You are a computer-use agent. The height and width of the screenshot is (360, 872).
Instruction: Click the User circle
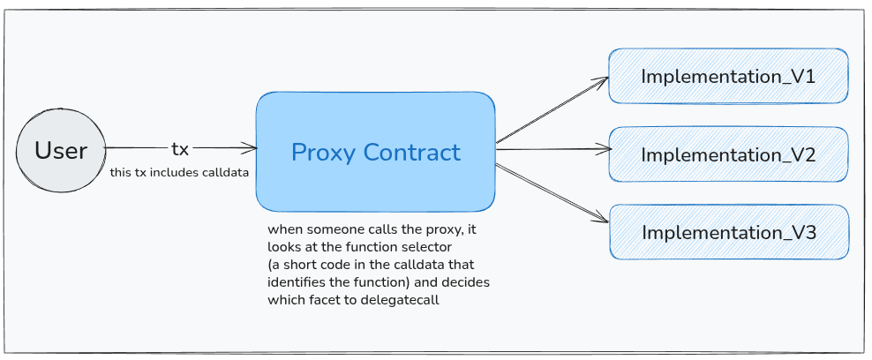(60, 150)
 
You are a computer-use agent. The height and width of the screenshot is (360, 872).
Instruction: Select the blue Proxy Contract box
(375, 152)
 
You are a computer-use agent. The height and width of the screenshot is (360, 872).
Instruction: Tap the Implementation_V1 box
(728, 76)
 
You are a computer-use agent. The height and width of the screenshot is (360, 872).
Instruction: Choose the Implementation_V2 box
(728, 154)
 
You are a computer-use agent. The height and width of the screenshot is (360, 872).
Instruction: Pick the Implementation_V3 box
(728, 233)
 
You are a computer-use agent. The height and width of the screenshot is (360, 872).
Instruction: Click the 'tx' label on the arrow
(180, 149)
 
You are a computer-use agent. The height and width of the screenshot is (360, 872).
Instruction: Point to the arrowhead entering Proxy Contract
(250, 148)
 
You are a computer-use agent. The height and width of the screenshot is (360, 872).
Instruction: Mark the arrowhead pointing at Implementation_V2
(603, 149)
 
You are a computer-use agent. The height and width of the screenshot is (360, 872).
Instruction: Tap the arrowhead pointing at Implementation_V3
(603, 220)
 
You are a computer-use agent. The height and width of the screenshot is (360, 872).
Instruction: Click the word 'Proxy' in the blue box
(323, 153)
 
